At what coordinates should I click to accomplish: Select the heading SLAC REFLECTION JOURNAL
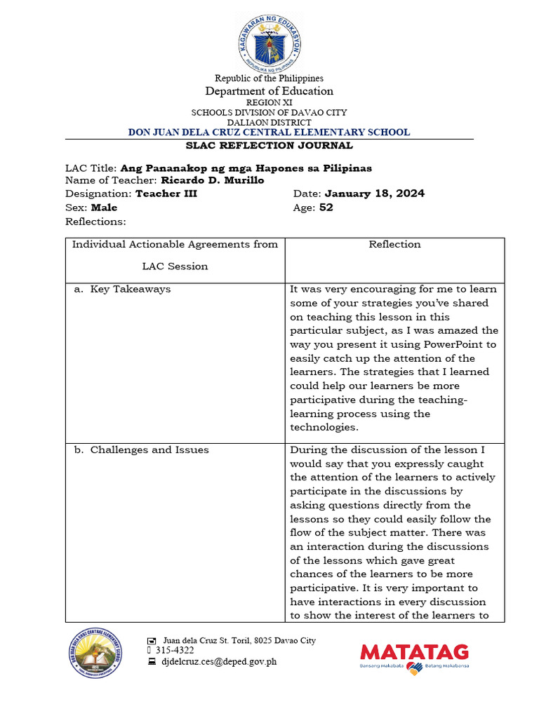[269, 146]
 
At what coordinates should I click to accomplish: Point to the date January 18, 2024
[374, 194]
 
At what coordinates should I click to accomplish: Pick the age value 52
[326, 208]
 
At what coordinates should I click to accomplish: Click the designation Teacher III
[166, 194]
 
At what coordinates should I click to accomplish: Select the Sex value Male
[104, 208]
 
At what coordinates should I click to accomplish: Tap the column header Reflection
[394, 245]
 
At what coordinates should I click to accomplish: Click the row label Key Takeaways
[130, 289]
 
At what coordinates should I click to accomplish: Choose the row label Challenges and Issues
[149, 450]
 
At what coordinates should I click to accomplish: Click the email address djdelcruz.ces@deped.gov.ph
[219, 661]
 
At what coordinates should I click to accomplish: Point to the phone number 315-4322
[180, 651]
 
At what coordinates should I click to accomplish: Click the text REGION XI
[269, 102]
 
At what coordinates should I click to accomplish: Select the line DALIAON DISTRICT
[269, 122]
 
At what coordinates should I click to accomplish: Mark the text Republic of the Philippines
[269, 79]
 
